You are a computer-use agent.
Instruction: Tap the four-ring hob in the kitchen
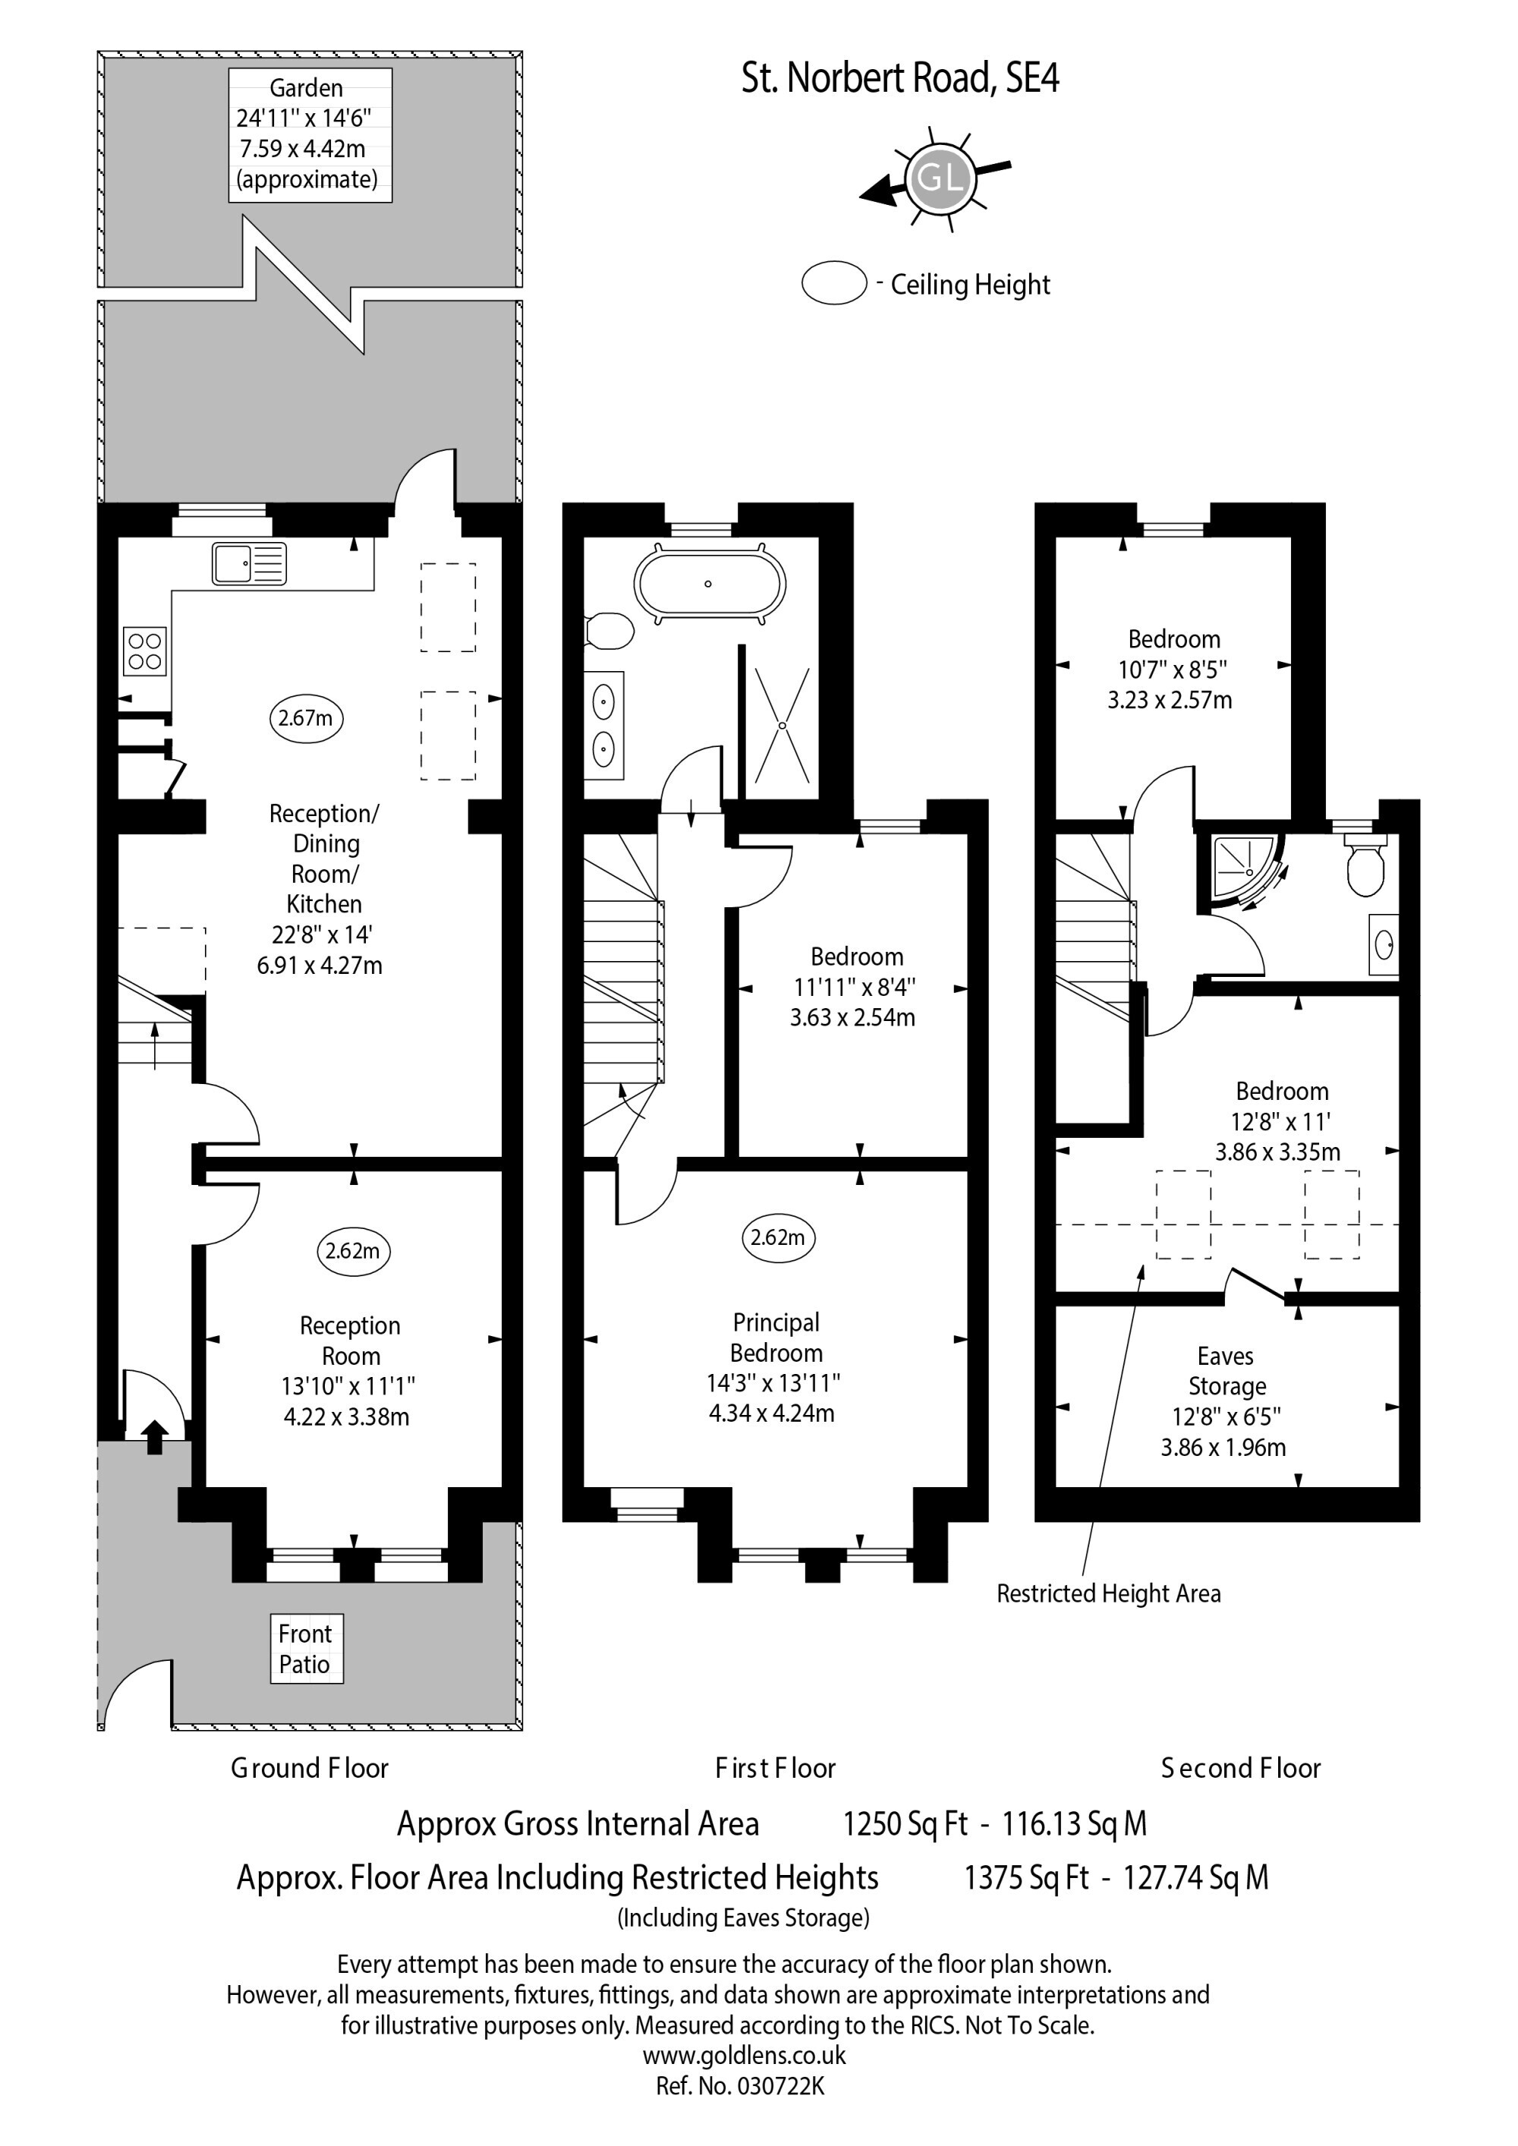(145, 651)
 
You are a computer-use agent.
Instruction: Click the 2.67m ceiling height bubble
(306, 718)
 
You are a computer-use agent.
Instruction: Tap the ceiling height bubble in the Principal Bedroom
(778, 1237)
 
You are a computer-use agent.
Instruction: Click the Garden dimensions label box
(310, 134)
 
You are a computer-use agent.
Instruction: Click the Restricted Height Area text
(1109, 1593)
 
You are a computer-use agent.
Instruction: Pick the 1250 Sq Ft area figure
(905, 1823)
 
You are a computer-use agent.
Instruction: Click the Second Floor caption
(1240, 1769)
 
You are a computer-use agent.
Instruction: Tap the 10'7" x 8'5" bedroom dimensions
(1172, 670)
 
